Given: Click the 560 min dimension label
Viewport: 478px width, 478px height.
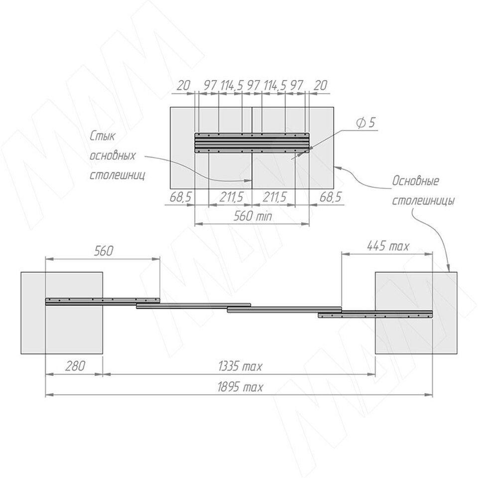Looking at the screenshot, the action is (252, 216).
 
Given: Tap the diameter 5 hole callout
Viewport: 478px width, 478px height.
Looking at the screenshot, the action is (365, 123).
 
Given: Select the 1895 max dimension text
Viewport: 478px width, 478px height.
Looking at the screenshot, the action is (240, 387).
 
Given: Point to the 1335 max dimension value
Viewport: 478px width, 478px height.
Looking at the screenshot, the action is (240, 366).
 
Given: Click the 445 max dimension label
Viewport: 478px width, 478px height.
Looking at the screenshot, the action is (388, 245).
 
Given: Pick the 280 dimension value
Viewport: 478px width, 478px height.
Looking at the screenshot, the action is (75, 366).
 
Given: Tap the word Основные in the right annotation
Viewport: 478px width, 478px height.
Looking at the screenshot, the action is (416, 181).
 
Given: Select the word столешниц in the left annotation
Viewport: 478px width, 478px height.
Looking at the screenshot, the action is (118, 175).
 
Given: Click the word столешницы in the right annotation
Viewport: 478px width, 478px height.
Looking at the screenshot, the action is (423, 201).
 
